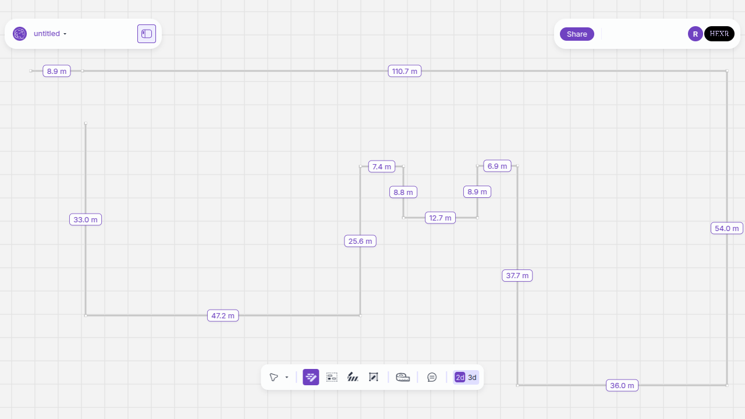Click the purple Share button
pyautogui.click(x=577, y=34)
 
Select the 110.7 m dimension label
pyautogui.click(x=405, y=71)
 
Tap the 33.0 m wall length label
pyautogui.click(x=86, y=219)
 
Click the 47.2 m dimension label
pyautogui.click(x=223, y=315)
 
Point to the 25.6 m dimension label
pyautogui.click(x=360, y=241)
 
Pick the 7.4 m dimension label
pyautogui.click(x=382, y=166)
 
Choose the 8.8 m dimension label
pyautogui.click(x=403, y=192)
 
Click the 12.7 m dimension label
pyautogui.click(x=440, y=218)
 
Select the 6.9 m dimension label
pyautogui.click(x=497, y=166)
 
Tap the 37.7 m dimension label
pyautogui.click(x=517, y=275)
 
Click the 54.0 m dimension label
pyautogui.click(x=727, y=229)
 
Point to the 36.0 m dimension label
pyautogui.click(x=622, y=385)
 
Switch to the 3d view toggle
pyautogui.click(x=472, y=378)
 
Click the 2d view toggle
pyautogui.click(x=460, y=378)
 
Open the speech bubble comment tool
pyautogui.click(x=432, y=377)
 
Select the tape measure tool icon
pyautogui.click(x=403, y=377)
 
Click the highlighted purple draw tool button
pyautogui.click(x=311, y=377)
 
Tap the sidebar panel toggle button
pyautogui.click(x=147, y=34)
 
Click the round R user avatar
pyautogui.click(x=695, y=34)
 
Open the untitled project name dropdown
pyautogui.click(x=50, y=34)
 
